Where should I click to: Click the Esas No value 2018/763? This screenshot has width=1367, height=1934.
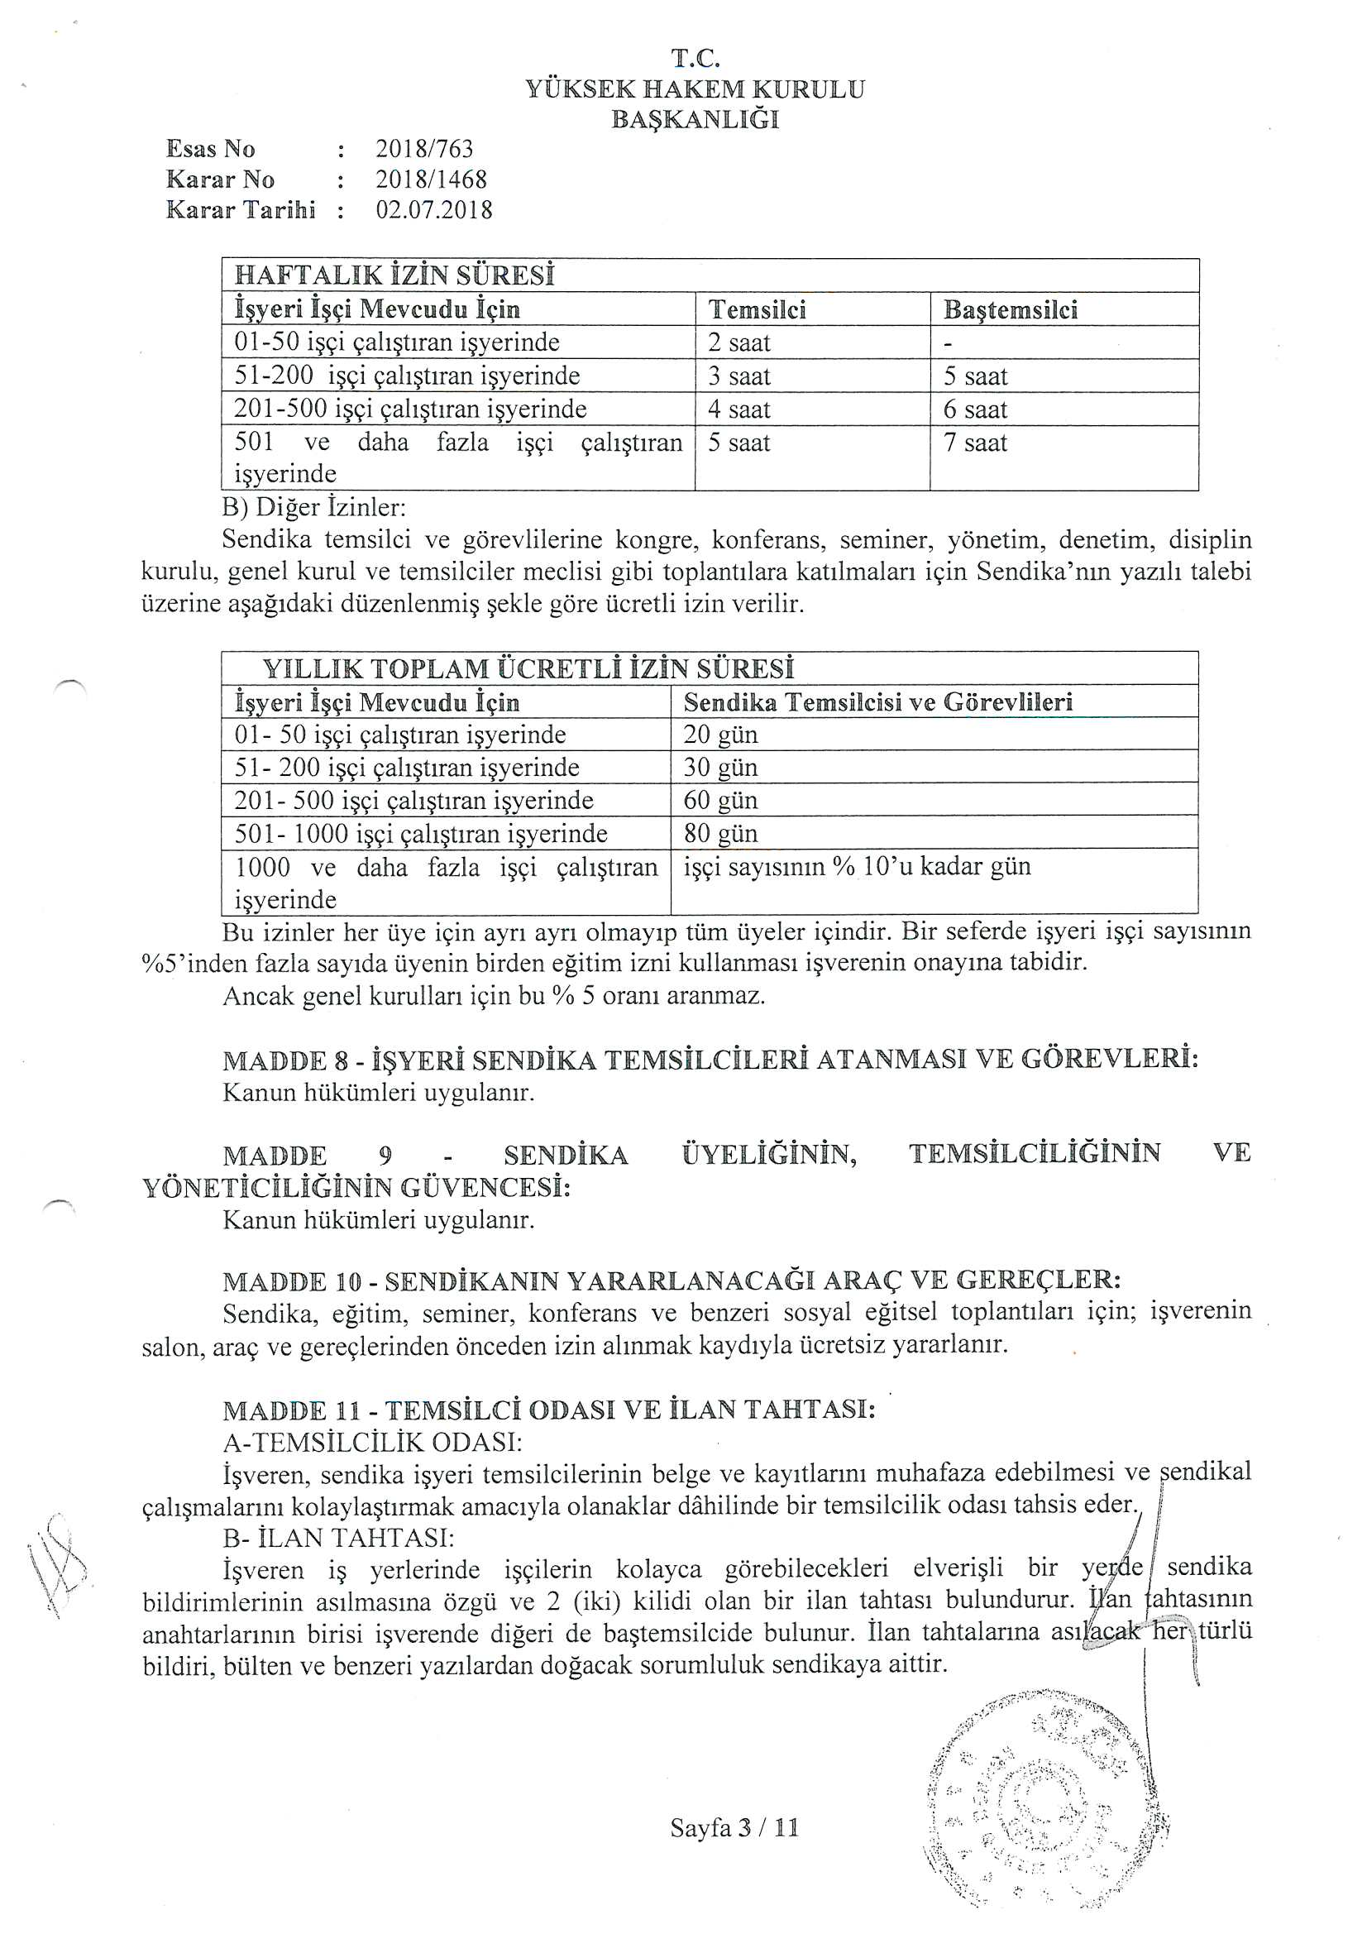click(x=424, y=149)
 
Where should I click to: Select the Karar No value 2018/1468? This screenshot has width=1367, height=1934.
click(x=431, y=180)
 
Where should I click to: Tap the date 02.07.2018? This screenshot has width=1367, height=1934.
click(x=434, y=210)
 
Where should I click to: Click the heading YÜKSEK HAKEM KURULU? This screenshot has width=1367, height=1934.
click(x=695, y=89)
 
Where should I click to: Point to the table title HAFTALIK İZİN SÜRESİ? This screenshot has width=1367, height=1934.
click(x=394, y=275)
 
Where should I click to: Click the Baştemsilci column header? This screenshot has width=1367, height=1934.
click(x=1011, y=310)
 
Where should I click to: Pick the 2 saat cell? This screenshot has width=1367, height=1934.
click(x=739, y=342)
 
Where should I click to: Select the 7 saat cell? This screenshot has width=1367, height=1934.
click(x=975, y=443)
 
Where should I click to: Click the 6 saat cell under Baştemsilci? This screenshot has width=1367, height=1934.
click(x=975, y=410)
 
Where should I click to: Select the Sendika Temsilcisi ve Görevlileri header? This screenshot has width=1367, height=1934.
click(x=878, y=701)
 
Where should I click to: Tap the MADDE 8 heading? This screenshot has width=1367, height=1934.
click(x=711, y=1060)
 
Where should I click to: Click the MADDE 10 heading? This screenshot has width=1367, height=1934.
click(x=672, y=1281)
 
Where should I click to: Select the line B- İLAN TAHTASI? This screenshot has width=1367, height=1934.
click(x=338, y=1538)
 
